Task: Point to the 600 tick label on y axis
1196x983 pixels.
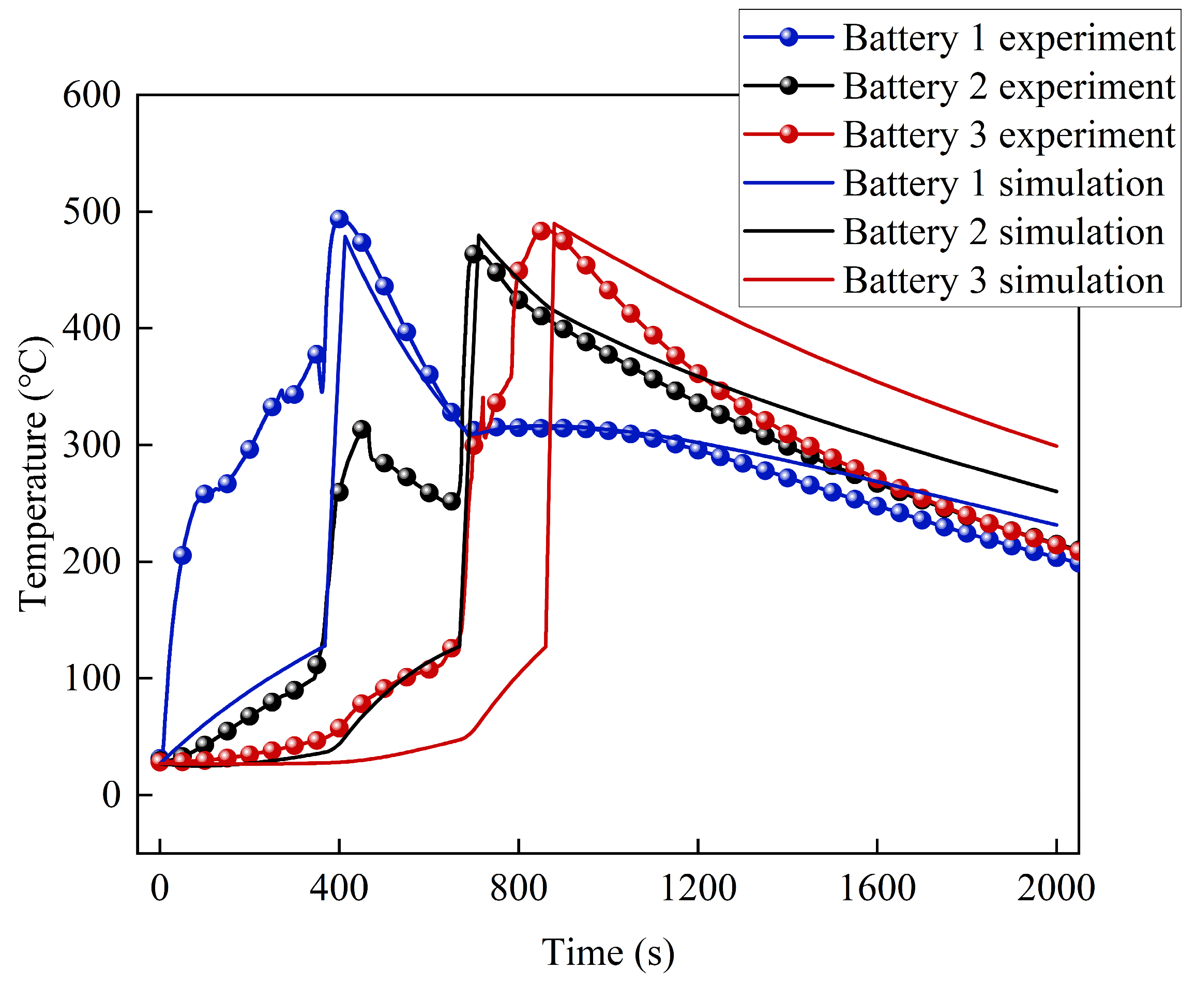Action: [x=92, y=95]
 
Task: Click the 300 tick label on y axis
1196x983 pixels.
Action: [x=92, y=445]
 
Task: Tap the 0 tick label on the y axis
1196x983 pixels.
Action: [x=111, y=795]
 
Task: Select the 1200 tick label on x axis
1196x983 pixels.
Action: [x=698, y=888]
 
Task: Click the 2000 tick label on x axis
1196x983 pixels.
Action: [x=1055, y=888]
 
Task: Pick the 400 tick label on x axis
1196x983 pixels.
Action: [x=339, y=888]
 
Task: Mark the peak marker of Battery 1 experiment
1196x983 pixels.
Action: [x=339, y=219]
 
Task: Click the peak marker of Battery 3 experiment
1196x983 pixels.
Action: [x=541, y=231]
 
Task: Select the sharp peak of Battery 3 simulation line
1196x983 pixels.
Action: [x=553, y=222]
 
